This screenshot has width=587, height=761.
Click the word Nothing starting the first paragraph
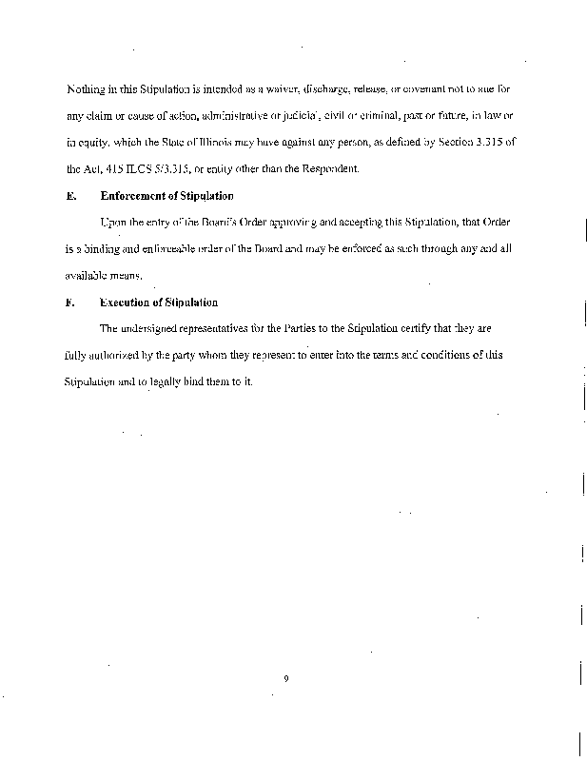point(86,89)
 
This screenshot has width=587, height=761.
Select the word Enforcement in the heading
point(136,196)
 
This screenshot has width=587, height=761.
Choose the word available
point(88,275)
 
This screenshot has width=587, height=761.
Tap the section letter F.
point(69,302)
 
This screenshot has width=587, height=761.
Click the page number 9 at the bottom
point(285,678)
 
